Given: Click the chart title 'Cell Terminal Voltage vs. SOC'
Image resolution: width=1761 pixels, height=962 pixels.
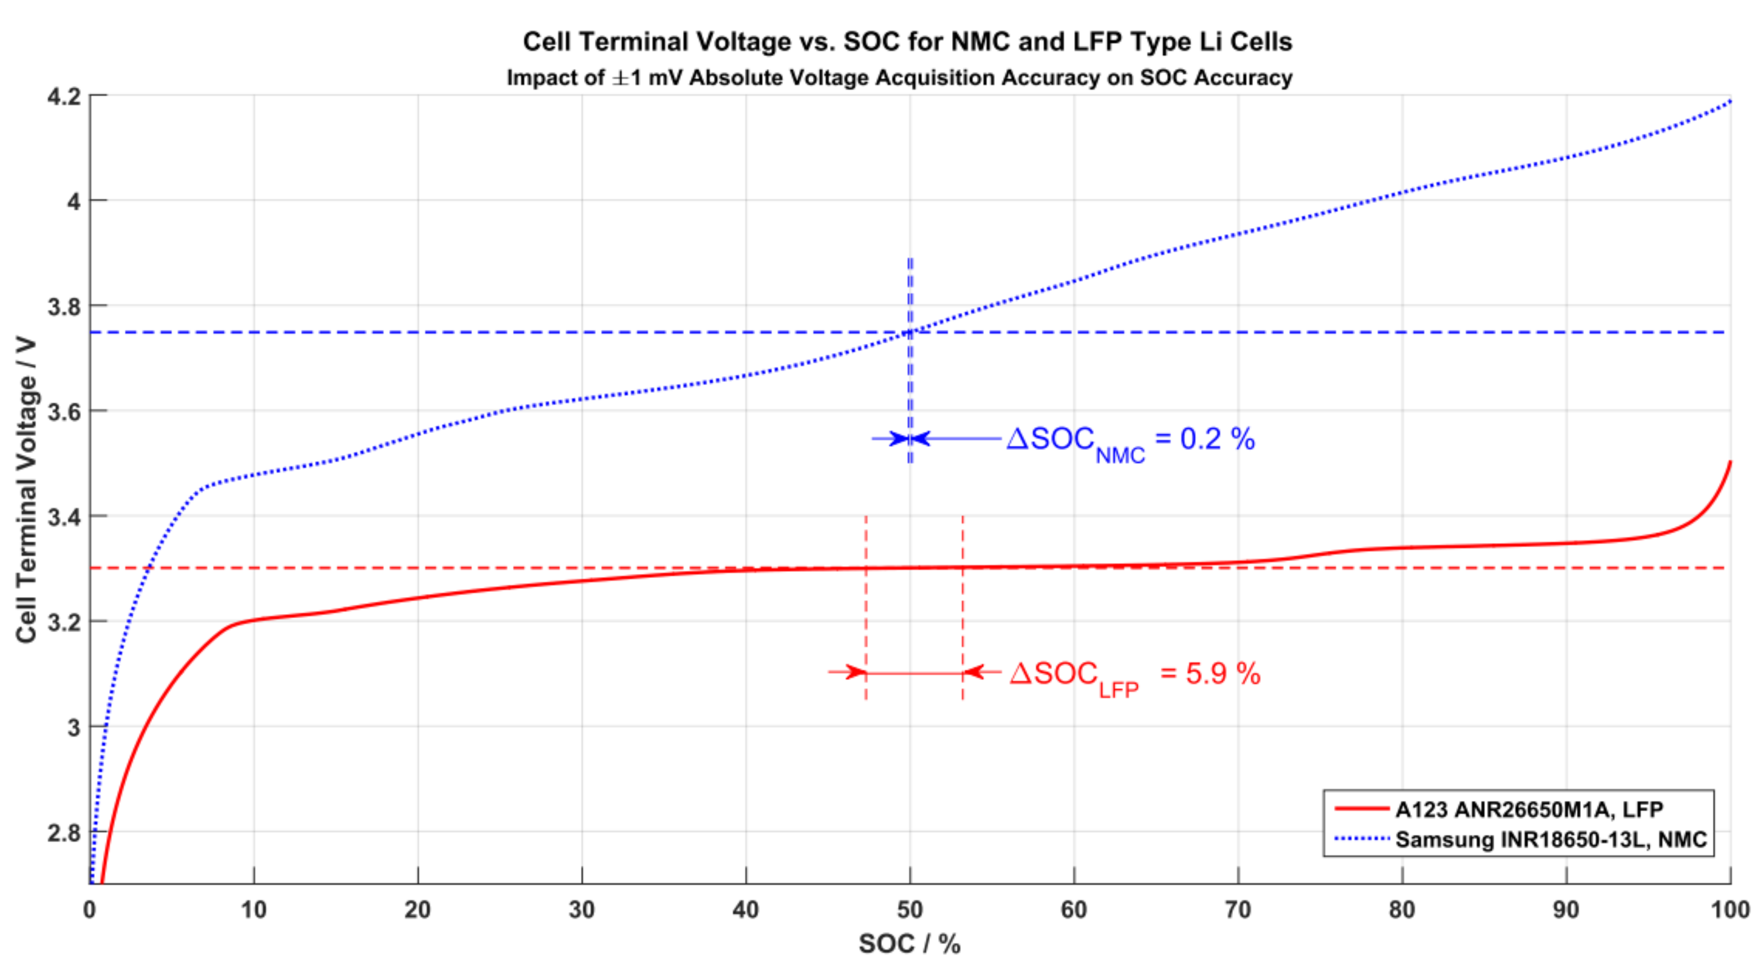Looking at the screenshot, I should (907, 42).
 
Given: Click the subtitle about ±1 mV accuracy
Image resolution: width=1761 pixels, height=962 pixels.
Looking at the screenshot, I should (899, 78).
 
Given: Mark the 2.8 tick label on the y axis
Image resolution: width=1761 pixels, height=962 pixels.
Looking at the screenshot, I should (63, 833).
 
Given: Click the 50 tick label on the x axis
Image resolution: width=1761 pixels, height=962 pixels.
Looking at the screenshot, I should (910, 910).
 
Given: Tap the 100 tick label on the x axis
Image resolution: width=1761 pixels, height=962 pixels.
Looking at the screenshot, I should (1730, 910).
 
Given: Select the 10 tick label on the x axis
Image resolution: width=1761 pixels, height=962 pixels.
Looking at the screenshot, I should (254, 910).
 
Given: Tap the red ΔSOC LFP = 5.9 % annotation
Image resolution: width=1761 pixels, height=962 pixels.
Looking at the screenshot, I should (1135, 675).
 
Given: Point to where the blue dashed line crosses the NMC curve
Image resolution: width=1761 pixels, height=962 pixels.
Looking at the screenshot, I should (910, 332).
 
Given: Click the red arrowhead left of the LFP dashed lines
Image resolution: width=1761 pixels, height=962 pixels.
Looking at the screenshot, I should (855, 672).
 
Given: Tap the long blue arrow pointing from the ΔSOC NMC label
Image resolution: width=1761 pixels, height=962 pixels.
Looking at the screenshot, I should (957, 438).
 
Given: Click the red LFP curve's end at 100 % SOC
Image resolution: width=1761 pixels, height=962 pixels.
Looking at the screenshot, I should (1730, 463).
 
